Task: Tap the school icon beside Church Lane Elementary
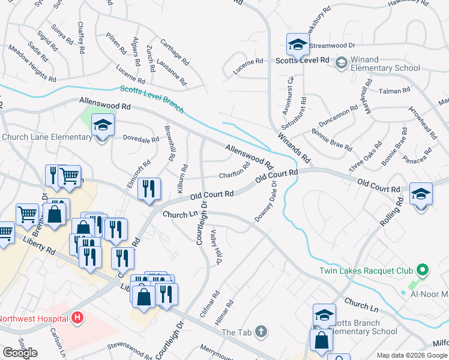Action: (x=103, y=125)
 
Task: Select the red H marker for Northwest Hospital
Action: (x=76, y=317)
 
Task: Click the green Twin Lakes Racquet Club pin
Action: (x=422, y=271)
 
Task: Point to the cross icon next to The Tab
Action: (x=261, y=331)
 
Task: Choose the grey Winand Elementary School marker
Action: (x=341, y=62)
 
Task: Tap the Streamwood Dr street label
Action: (x=334, y=45)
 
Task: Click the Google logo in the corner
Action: (x=20, y=353)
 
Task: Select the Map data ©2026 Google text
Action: (x=412, y=355)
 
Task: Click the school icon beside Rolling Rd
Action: (x=421, y=194)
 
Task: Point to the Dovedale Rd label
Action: (x=141, y=139)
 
